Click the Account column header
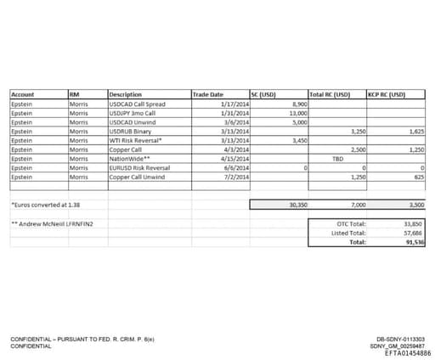tap(23, 94)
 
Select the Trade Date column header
tap(208, 94)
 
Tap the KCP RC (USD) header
tap(387, 94)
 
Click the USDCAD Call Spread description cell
tap(138, 104)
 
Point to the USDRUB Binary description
tap(132, 132)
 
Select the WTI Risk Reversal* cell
tap(136, 140)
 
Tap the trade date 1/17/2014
tap(234, 104)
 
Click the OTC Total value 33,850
tap(413, 223)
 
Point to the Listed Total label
tap(351, 233)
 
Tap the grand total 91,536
tap(413, 242)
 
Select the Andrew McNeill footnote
tap(51, 223)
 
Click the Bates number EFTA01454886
tap(407, 352)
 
